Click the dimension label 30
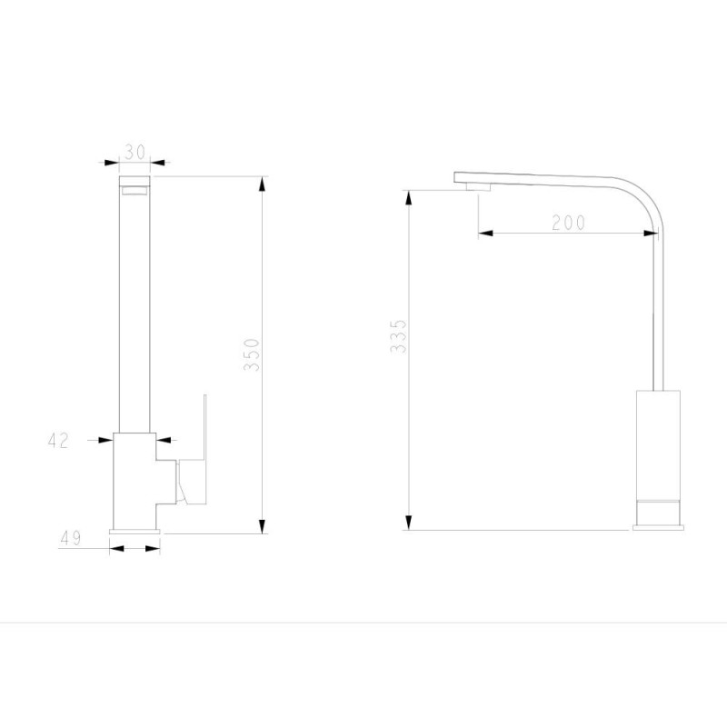coord(134,152)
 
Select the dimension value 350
coord(252,354)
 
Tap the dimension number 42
coord(58,440)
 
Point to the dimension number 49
coord(71,538)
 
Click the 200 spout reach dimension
coord(569,223)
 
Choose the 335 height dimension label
coord(398,336)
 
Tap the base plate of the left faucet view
coord(134,532)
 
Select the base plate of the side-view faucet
coord(658,527)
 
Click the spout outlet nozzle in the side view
coord(478,186)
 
